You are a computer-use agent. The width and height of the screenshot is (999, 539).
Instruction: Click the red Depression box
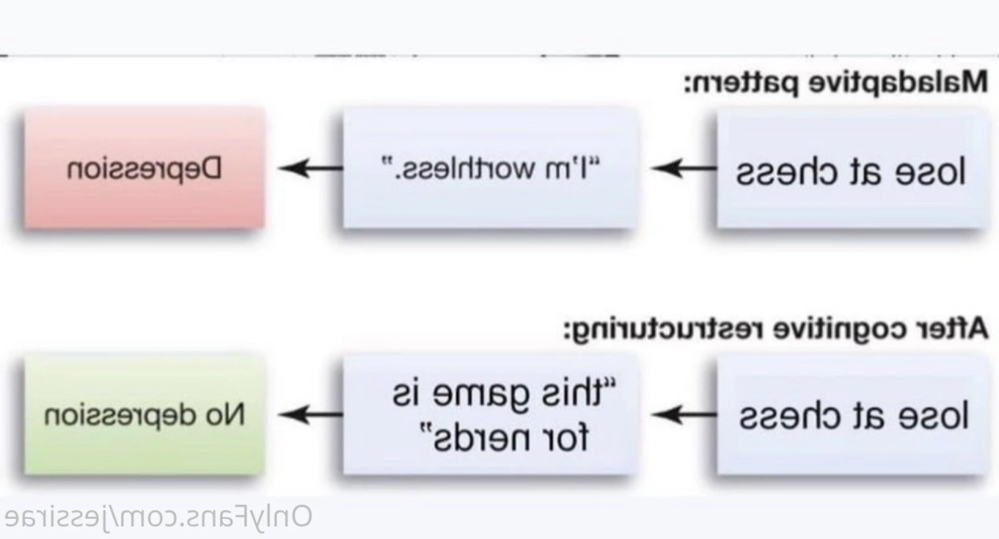click(144, 168)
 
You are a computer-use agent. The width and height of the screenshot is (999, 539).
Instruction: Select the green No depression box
click(144, 415)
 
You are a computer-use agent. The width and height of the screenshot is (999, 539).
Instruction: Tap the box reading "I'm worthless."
click(490, 168)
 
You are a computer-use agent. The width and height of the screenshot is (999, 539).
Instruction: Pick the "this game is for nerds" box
click(490, 415)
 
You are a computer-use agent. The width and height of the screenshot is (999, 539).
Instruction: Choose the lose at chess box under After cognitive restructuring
click(851, 415)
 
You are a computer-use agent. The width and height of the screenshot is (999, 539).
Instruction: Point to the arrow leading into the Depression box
click(311, 168)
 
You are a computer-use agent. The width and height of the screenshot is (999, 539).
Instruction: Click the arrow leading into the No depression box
click(311, 415)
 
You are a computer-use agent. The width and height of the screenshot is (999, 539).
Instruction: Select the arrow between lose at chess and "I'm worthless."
click(684, 168)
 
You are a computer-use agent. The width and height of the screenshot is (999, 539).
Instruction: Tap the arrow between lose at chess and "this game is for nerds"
click(684, 415)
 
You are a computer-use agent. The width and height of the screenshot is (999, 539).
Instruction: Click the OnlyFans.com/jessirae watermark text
click(158, 517)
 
